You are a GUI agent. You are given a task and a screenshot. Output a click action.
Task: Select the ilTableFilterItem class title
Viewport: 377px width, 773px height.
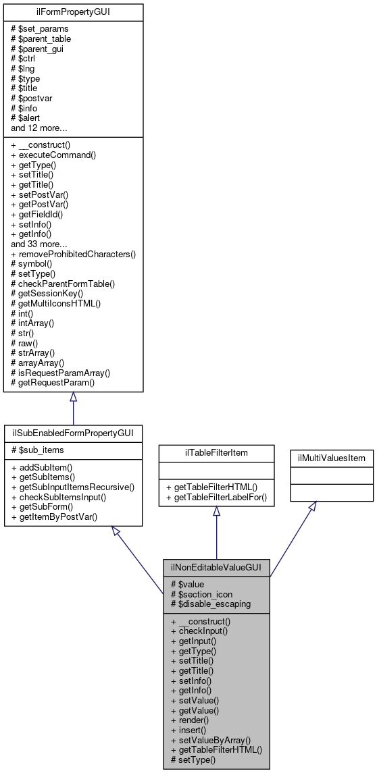point(216,452)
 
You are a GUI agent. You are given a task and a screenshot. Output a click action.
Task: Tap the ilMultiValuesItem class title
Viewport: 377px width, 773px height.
point(332,458)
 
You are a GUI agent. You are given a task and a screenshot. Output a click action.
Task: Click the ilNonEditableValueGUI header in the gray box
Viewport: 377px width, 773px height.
point(216,568)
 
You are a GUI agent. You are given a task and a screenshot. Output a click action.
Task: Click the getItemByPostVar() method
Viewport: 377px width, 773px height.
point(53,517)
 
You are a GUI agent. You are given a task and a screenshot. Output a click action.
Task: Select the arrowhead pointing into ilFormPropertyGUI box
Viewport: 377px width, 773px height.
point(73,397)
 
